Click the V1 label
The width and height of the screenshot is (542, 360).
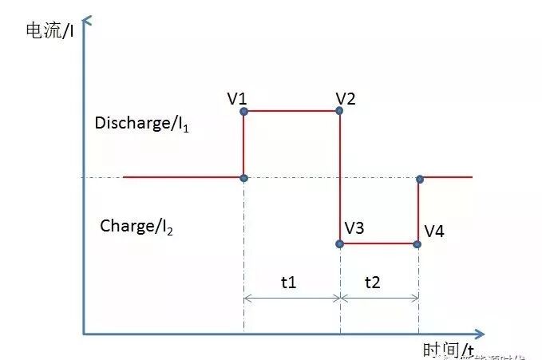point(236,100)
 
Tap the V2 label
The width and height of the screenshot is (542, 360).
point(346,99)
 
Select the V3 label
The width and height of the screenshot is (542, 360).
point(354,228)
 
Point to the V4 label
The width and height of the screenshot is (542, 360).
point(434,231)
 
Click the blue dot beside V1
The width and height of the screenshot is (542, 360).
point(243,112)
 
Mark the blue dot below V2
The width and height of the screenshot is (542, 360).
point(340,111)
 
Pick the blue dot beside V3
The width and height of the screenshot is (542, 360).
point(340,243)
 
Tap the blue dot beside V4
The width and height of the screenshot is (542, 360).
point(417,243)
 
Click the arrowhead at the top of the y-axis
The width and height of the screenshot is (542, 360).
point(84,18)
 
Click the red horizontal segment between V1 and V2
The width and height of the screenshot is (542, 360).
point(291,111)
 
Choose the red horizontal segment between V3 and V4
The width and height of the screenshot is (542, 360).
point(379,243)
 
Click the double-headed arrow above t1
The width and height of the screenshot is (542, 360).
point(291,299)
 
